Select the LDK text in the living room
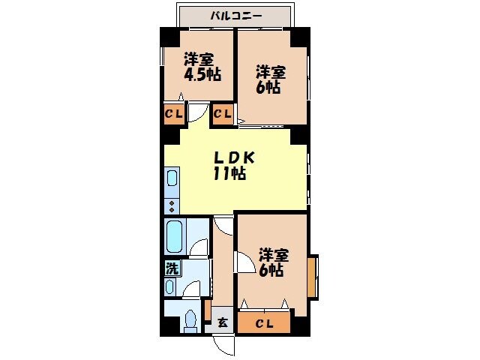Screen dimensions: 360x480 pyautogui.click(x=235, y=158)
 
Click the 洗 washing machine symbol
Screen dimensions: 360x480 pyautogui.click(x=172, y=266)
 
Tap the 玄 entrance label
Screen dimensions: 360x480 pyautogui.click(x=223, y=324)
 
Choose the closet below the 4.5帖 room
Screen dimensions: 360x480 pyautogui.click(x=173, y=114)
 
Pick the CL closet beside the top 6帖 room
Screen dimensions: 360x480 pyautogui.click(x=222, y=114)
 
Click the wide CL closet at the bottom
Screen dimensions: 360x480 pyautogui.click(x=264, y=323)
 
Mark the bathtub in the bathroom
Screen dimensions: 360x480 pyautogui.click(x=175, y=236)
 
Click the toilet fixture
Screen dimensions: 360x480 pyautogui.click(x=190, y=320)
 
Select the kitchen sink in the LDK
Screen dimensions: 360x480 pyautogui.click(x=172, y=180)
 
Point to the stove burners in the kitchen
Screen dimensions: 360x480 pyautogui.click(x=172, y=205)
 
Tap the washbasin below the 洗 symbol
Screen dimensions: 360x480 pyautogui.click(x=170, y=286)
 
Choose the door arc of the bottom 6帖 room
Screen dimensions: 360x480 pyautogui.click(x=245, y=262)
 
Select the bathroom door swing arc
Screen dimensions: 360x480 pyautogui.click(x=199, y=247)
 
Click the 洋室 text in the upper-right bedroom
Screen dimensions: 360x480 pyautogui.click(x=271, y=72)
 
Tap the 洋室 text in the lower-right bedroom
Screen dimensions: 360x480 pyautogui.click(x=274, y=254)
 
